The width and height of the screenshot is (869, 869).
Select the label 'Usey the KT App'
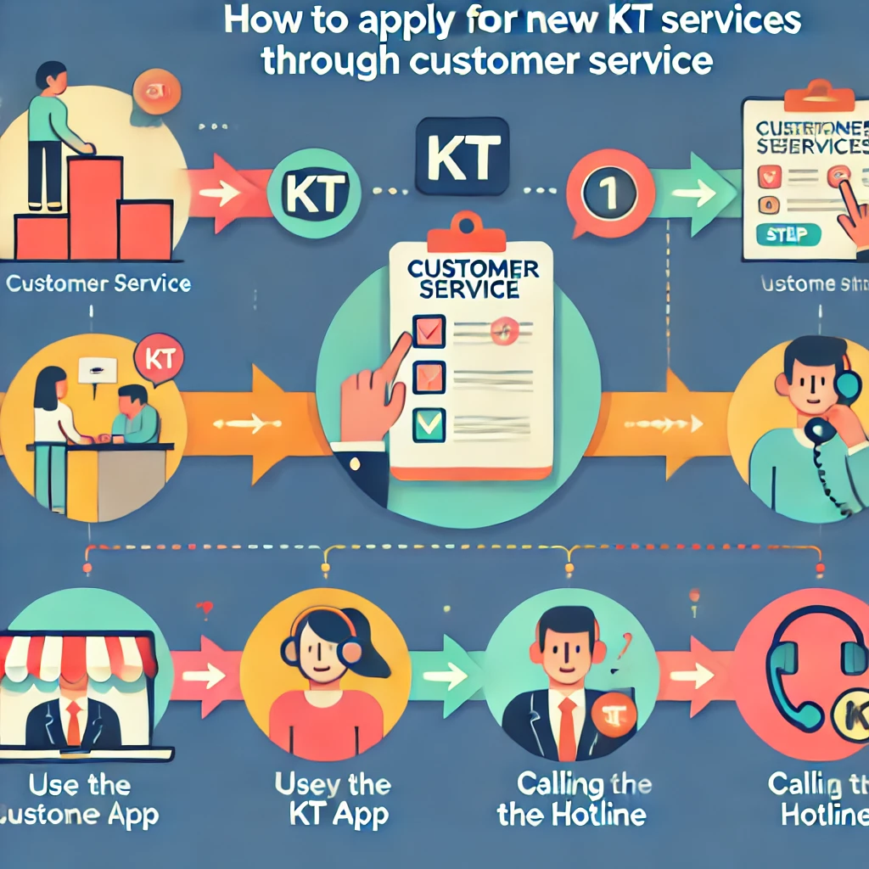[333, 799]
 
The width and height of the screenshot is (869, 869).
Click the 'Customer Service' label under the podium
[98, 283]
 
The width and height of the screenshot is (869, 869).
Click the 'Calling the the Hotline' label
[571, 799]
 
